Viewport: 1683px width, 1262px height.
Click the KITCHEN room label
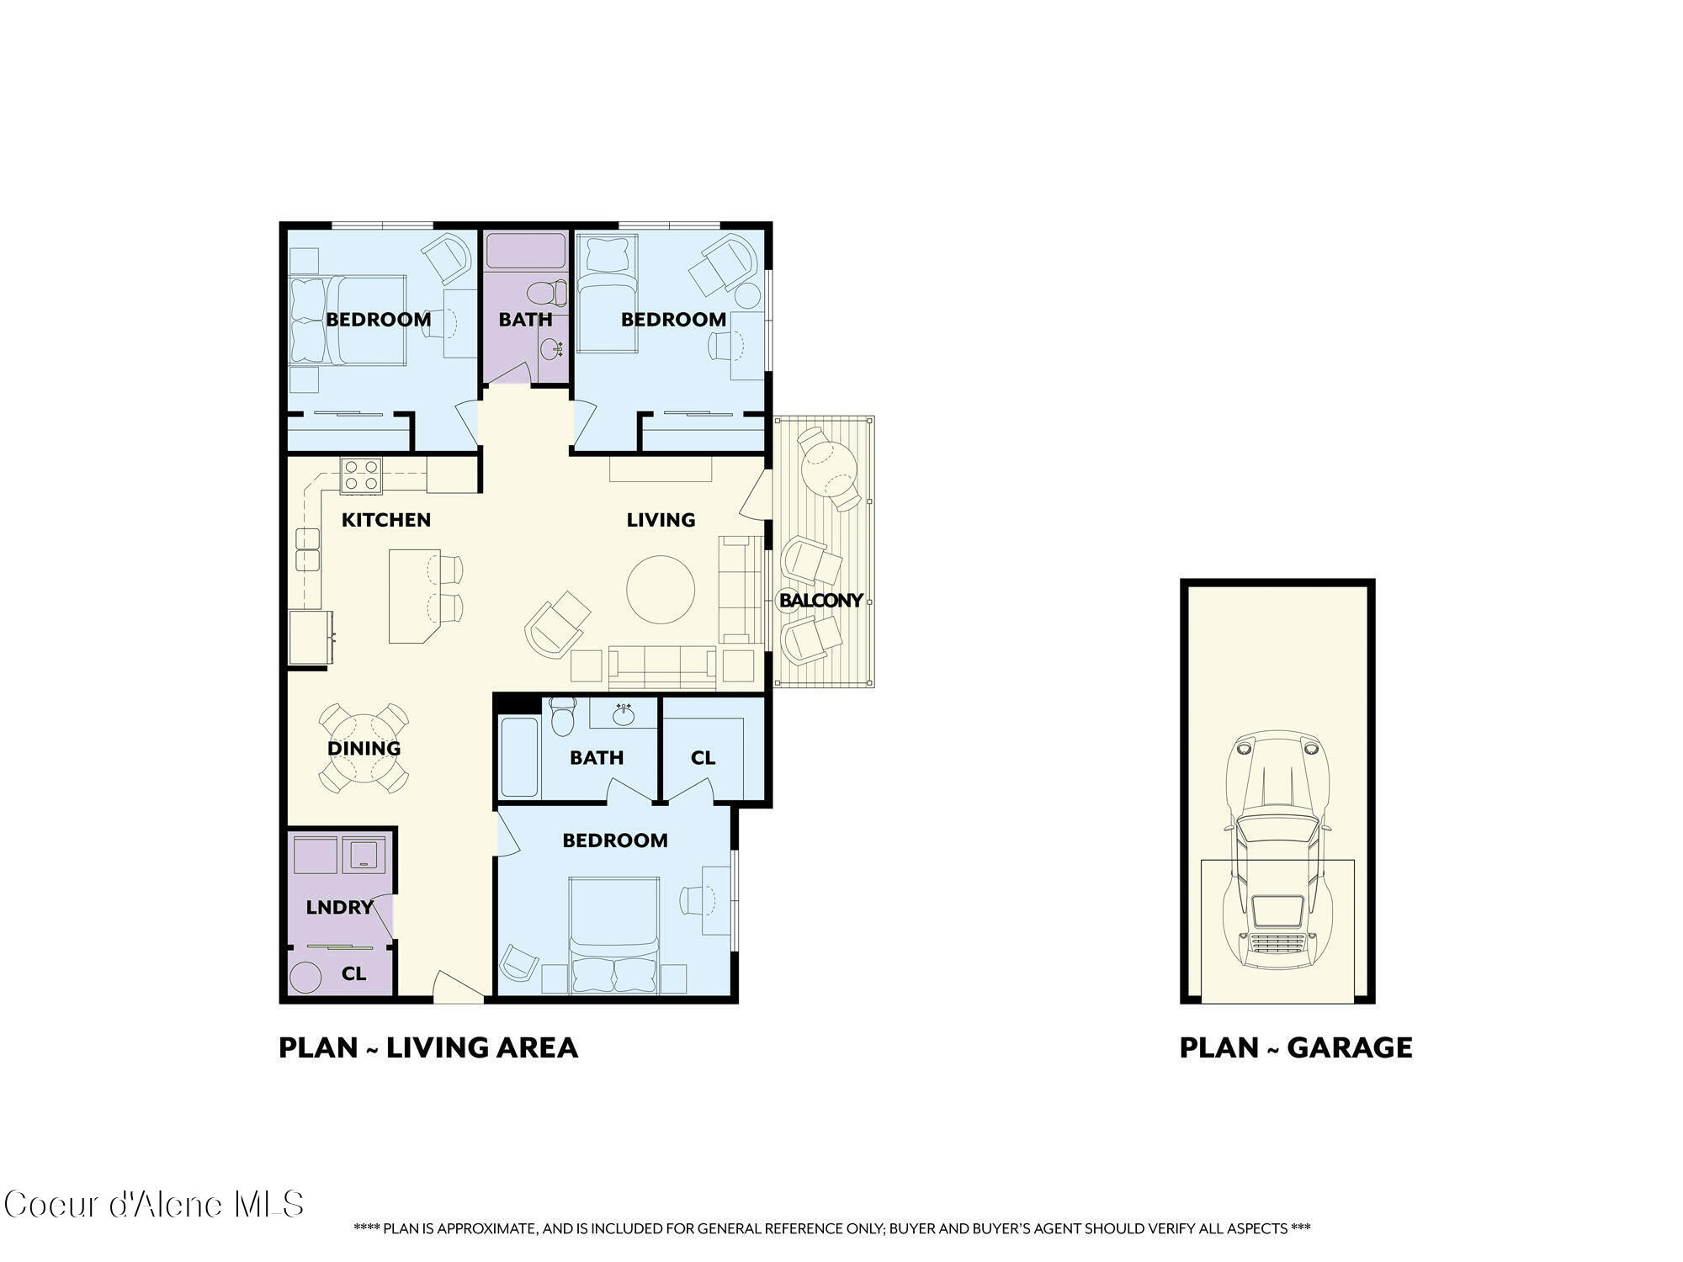pyautogui.click(x=385, y=520)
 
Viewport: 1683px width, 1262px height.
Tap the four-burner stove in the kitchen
pyautogui.click(x=361, y=475)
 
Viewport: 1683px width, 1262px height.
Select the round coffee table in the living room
pyautogui.click(x=661, y=589)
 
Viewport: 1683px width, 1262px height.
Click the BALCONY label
pyautogui.click(x=820, y=600)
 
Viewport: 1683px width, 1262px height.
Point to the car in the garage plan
pyautogui.click(x=1277, y=850)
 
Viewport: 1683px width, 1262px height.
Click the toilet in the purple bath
pyautogui.click(x=548, y=293)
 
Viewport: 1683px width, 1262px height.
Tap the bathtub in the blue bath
pyautogui.click(x=519, y=756)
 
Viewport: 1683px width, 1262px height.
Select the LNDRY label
pyautogui.click(x=339, y=907)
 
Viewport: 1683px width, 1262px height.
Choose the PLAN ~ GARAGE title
pyautogui.click(x=1295, y=1047)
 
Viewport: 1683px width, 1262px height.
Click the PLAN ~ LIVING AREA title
pyautogui.click(x=428, y=1047)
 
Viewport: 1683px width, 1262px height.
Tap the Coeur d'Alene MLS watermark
pyautogui.click(x=153, y=1205)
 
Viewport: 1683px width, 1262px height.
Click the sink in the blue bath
pyautogui.click(x=624, y=714)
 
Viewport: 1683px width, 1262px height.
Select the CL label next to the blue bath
pyautogui.click(x=703, y=758)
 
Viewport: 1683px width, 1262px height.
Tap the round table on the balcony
pyautogui.click(x=829, y=467)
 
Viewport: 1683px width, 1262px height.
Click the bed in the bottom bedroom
pyautogui.click(x=613, y=934)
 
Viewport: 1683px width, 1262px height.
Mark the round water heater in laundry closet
pyautogui.click(x=305, y=978)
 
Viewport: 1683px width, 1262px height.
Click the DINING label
pyautogui.click(x=364, y=748)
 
